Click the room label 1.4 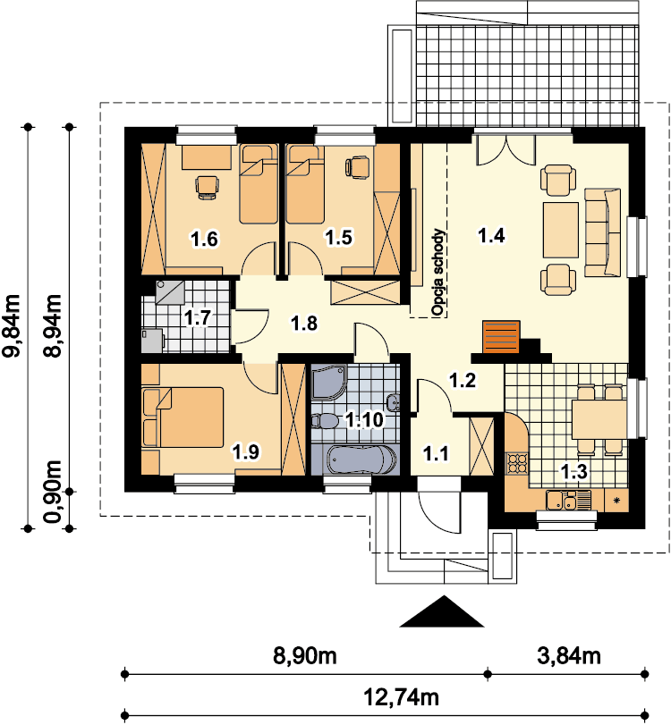click(491, 235)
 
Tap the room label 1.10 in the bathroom click(365, 420)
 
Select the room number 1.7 click(197, 317)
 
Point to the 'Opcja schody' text click(437, 273)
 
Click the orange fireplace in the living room click(501, 337)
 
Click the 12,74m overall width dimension click(401, 696)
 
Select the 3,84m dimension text click(569, 655)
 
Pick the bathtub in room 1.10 click(361, 459)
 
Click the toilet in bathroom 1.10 click(325, 421)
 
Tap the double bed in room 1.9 click(183, 417)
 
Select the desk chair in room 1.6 click(207, 187)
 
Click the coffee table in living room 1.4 click(561, 230)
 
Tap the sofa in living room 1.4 click(602, 232)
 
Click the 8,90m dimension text click(304, 655)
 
